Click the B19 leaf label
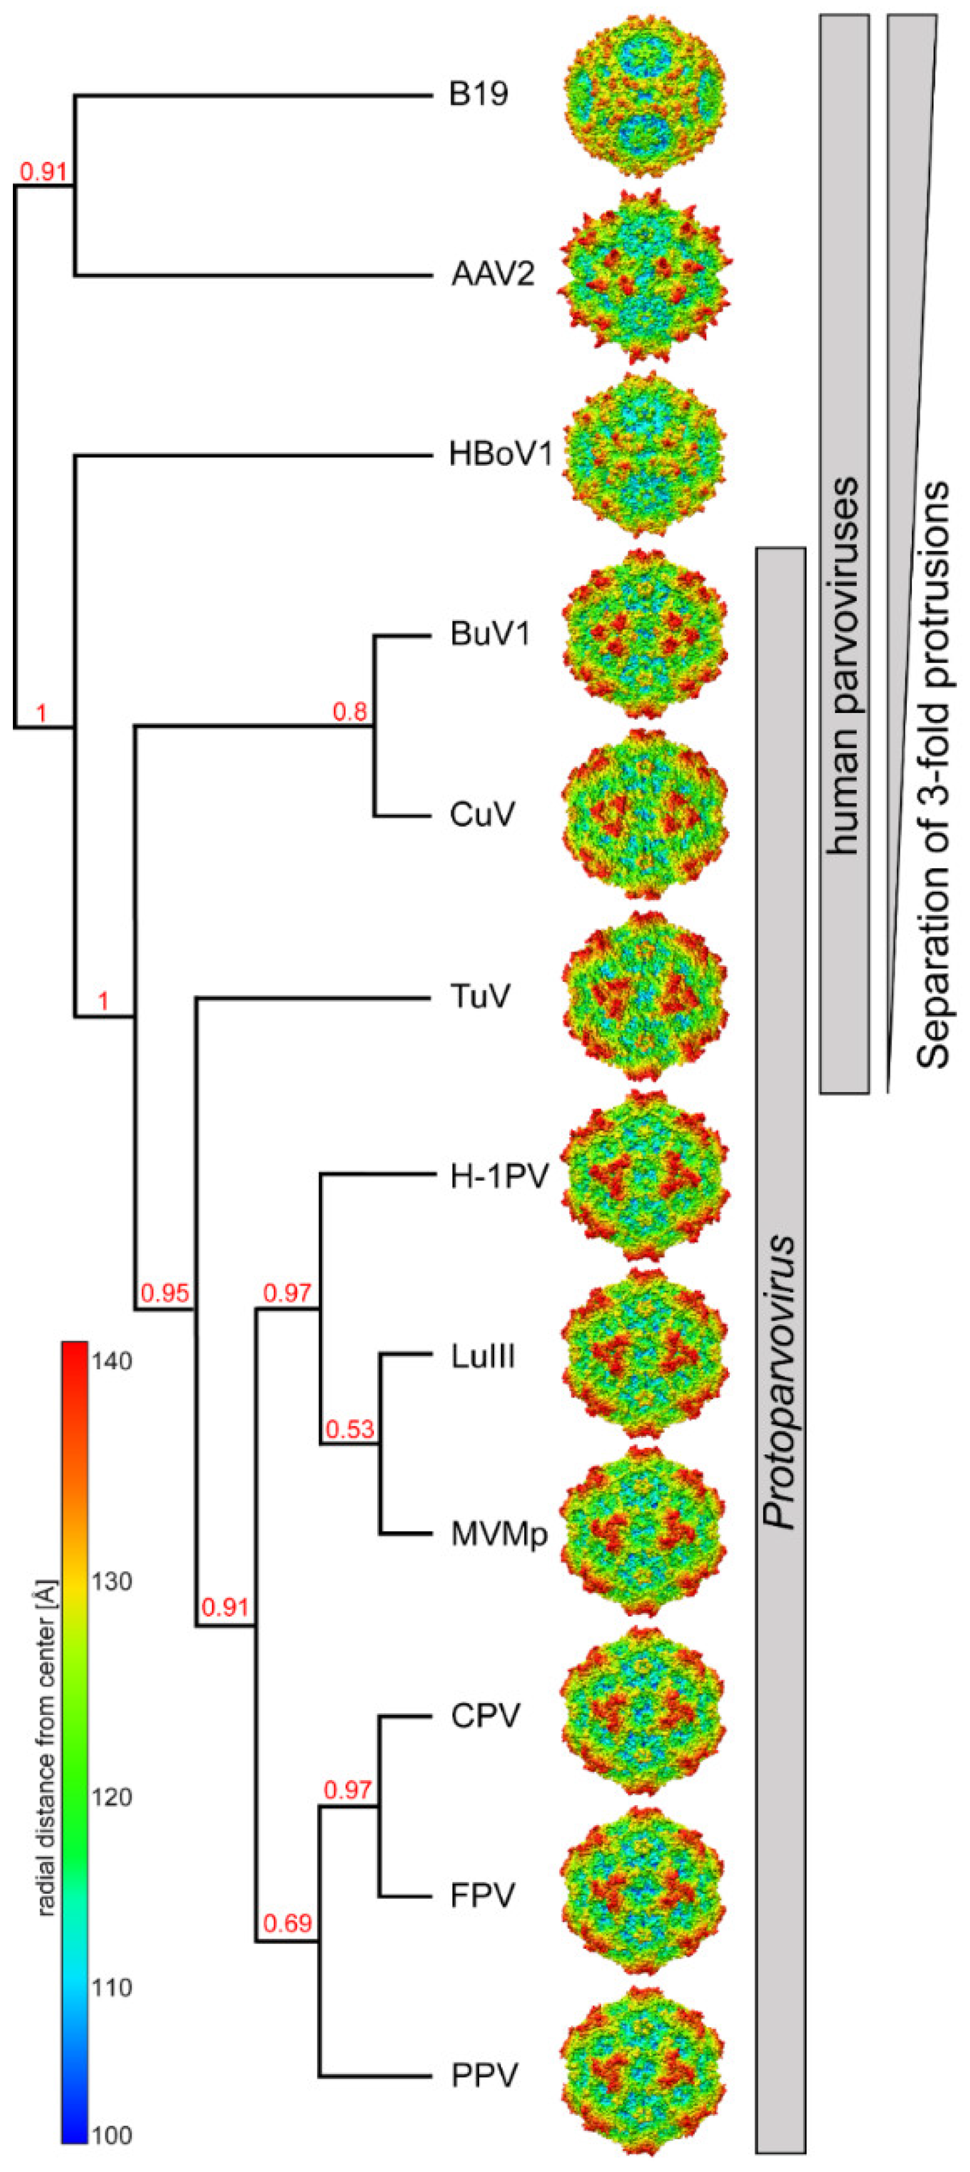478,94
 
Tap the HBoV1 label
501,455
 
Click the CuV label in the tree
481,816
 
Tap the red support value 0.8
350,712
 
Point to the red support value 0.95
165,1293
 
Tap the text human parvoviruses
843,666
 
